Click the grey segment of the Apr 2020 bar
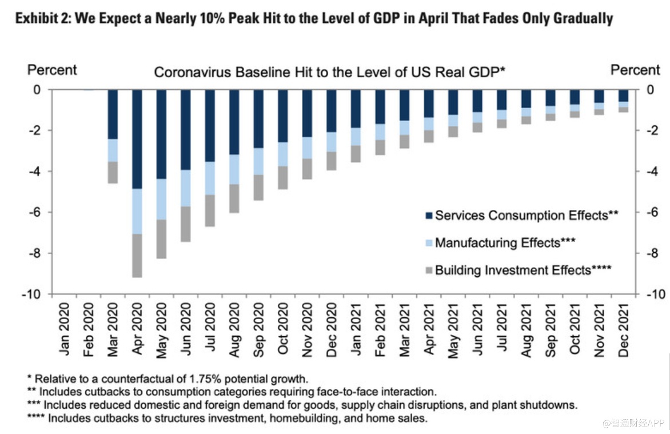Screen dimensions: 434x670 [137, 256]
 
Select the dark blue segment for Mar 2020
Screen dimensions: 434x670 [113, 114]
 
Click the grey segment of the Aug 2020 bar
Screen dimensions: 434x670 [234, 198]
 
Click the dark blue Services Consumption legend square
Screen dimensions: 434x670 [429, 216]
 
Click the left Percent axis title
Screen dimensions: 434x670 [52, 70]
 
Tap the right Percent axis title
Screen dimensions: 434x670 [635, 70]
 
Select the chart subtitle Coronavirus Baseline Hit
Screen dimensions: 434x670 [330, 73]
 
